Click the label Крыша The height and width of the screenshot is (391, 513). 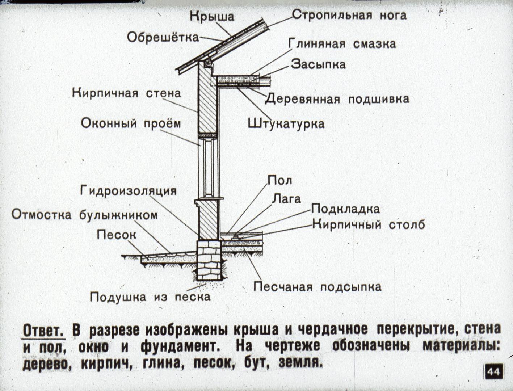point(212,16)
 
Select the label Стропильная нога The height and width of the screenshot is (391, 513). point(349,15)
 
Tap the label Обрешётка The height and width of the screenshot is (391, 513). point(163,37)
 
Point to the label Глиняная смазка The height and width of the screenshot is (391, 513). point(342,44)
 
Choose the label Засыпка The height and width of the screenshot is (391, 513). point(318,64)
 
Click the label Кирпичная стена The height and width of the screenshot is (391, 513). point(127,93)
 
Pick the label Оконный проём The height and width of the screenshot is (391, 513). point(131,123)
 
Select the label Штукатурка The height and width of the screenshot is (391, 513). point(286,123)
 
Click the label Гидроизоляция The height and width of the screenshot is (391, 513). point(128,191)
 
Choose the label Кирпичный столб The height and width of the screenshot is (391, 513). point(369,225)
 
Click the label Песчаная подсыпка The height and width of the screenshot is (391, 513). point(317,287)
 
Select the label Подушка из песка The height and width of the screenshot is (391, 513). point(150,297)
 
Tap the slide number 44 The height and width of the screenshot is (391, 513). point(493,372)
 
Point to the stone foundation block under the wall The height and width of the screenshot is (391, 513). point(209,260)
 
